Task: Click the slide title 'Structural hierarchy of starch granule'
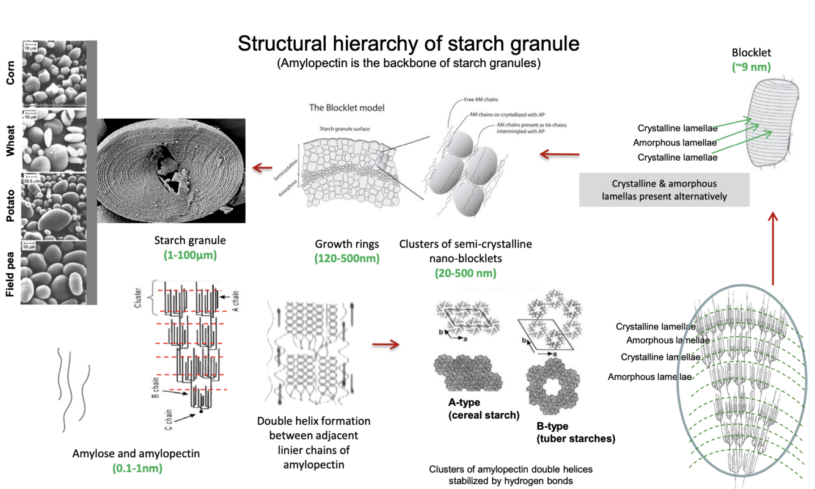tap(408, 44)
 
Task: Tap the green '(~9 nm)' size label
tap(751, 67)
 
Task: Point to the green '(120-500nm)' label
tap(346, 258)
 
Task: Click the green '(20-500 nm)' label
tap(465, 273)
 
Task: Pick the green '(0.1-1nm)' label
tap(136, 468)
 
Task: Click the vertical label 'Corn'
tap(10, 73)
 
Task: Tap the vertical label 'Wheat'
tap(10, 142)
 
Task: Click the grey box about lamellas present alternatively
tap(663, 189)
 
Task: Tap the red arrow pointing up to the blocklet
tap(772, 248)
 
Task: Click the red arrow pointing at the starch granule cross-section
tap(263, 167)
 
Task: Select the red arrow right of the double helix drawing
tap(386, 345)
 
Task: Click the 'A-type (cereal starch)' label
tap(483, 409)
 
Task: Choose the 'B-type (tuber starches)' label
tap(575, 432)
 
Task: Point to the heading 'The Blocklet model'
tap(346, 108)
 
